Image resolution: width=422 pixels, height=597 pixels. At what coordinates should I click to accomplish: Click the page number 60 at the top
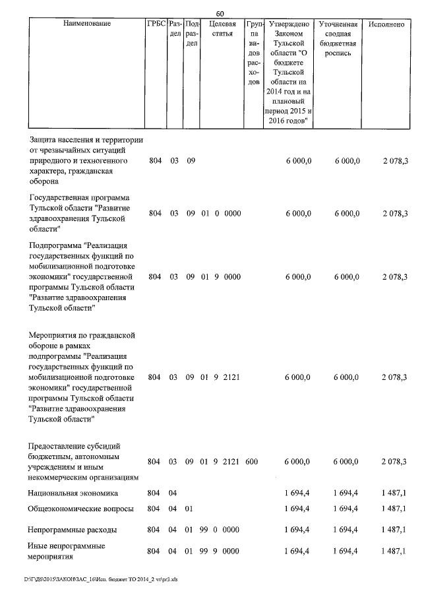coord(220,13)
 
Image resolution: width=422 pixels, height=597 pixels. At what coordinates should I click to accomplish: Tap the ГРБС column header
coord(156,24)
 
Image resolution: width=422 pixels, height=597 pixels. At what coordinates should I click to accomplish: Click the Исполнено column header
coord(386,24)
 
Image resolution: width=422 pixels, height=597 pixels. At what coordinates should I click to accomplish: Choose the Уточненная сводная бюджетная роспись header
coord(338,38)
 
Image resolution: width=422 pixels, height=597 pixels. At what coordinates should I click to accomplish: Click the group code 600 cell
coord(251,462)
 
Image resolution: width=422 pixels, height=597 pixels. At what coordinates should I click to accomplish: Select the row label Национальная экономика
coord(73,493)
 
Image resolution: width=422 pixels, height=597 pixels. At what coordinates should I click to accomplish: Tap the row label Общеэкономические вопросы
coord(81,509)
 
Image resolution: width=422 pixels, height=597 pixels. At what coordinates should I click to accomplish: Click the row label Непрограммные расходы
coord(73,530)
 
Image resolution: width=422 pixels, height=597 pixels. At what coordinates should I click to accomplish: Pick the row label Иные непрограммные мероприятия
coord(67,551)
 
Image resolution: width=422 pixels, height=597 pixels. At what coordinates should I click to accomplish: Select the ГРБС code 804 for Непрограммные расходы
coord(155,530)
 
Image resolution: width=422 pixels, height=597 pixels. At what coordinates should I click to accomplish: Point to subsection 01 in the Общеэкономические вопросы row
coord(190,509)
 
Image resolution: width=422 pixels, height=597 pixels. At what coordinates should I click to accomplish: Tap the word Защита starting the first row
coord(44,140)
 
